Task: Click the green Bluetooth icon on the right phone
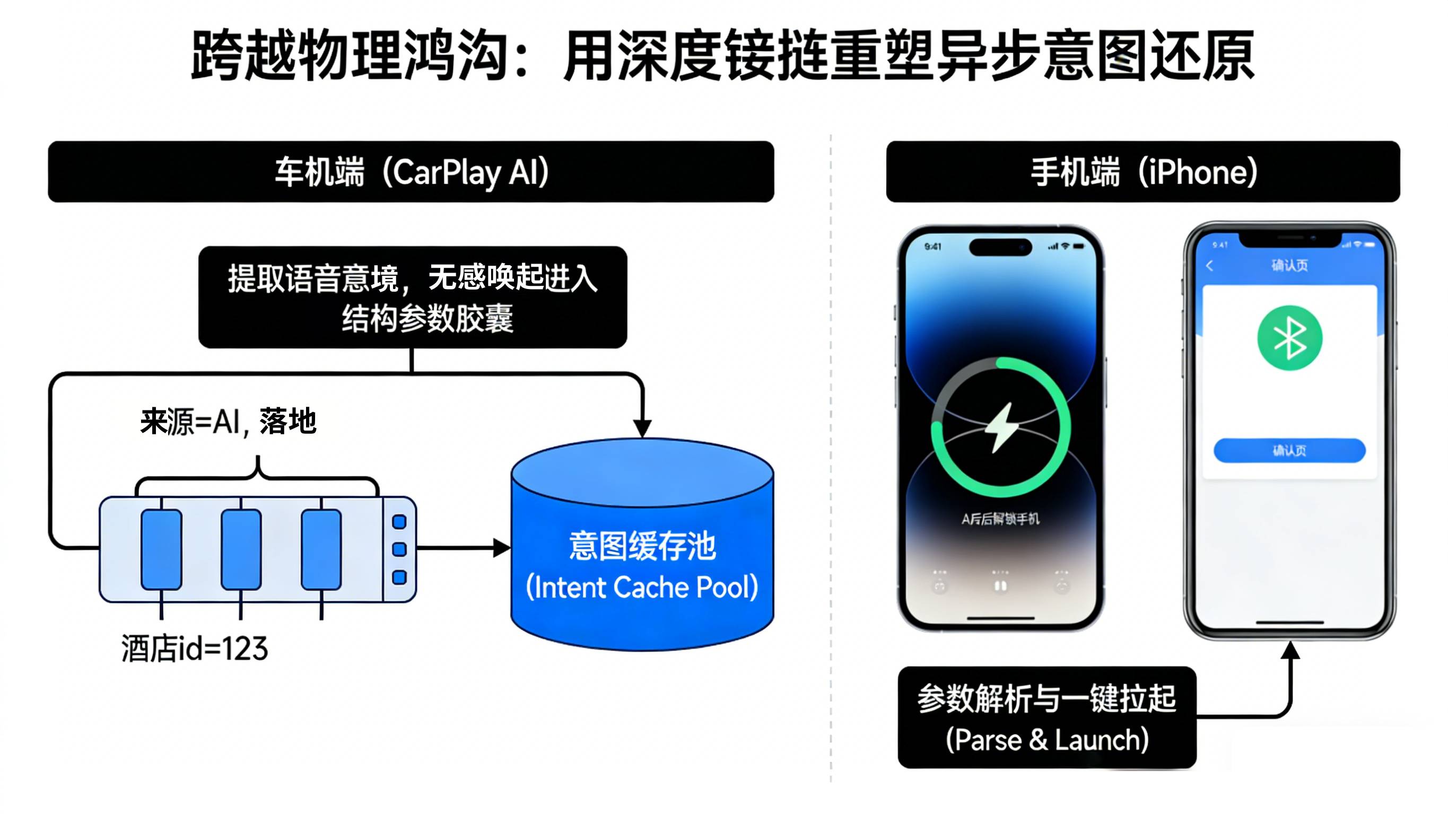[x=1289, y=338]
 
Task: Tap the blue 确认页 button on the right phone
[x=1289, y=450]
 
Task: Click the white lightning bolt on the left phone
[x=1001, y=427]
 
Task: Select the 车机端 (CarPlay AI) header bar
[x=411, y=171]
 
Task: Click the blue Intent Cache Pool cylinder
[x=642, y=562]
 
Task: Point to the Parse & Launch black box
[x=1046, y=718]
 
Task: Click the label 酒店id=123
[x=195, y=649]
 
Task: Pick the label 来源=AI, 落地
[x=228, y=422]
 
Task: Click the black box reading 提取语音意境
[x=412, y=297]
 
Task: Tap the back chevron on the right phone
[x=1210, y=266]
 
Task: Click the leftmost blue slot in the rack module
[x=161, y=549]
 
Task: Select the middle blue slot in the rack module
[x=241, y=549]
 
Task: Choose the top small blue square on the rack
[x=399, y=522]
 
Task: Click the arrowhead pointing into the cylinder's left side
[x=501, y=548]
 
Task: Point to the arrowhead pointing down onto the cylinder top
[x=642, y=428]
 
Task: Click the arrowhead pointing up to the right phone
[x=1290, y=651]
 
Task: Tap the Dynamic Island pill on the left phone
[x=1000, y=247]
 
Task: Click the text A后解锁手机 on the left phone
[x=1000, y=518]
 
